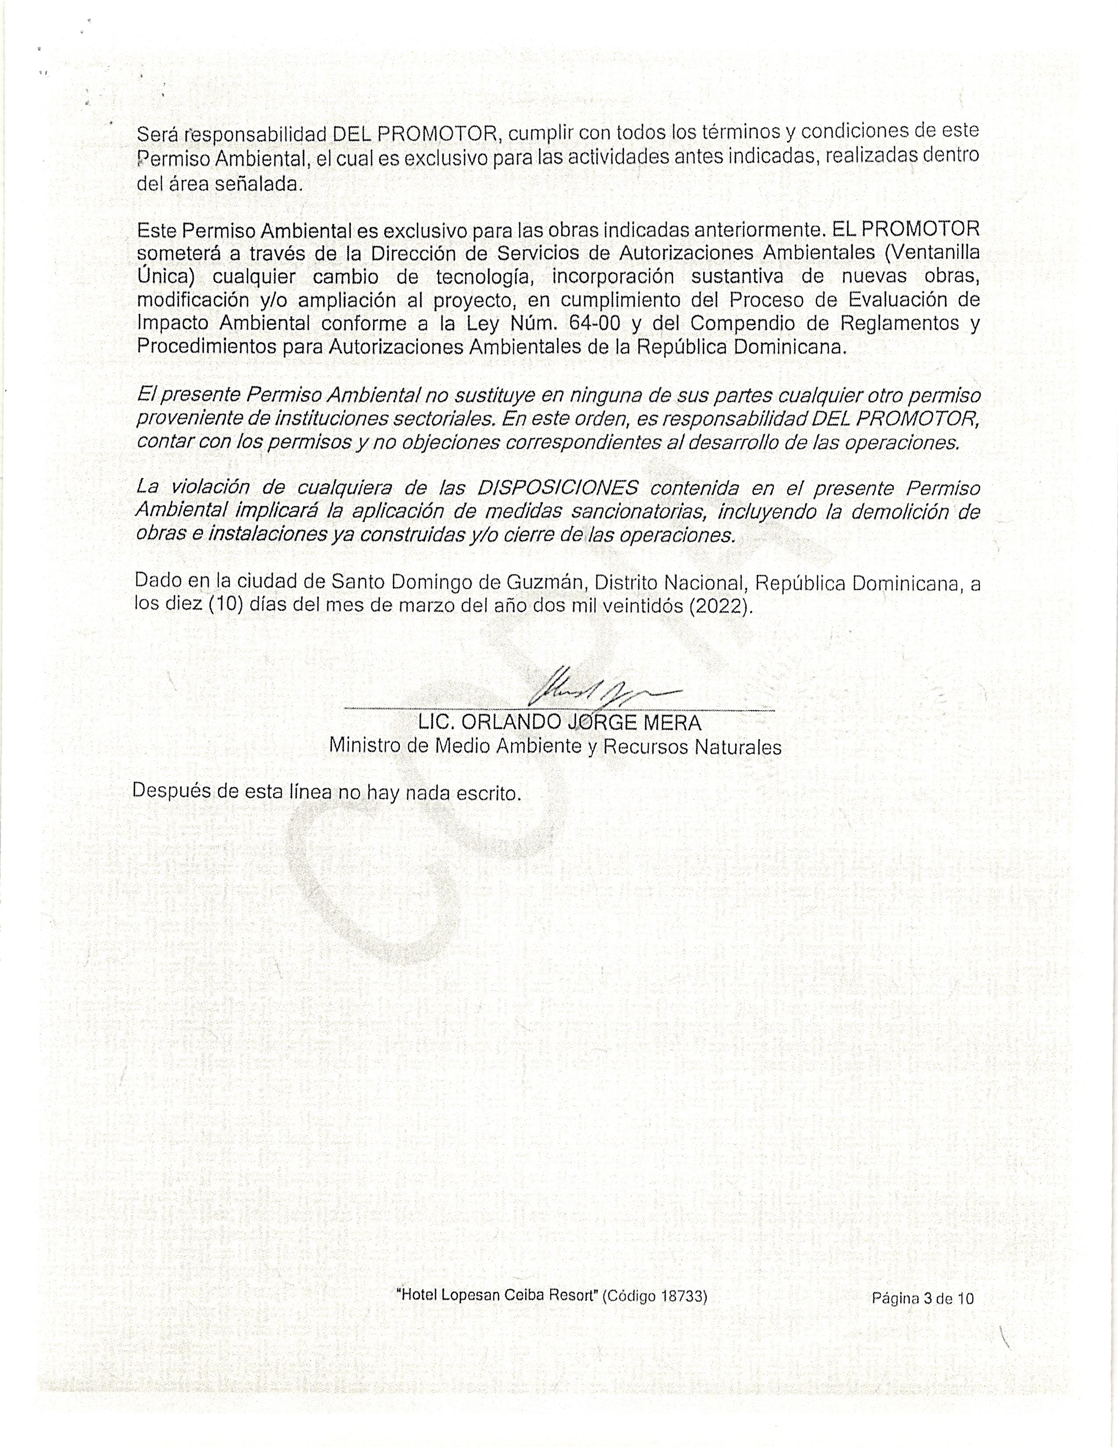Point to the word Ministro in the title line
(365, 747)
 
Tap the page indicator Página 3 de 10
(922, 1316)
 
